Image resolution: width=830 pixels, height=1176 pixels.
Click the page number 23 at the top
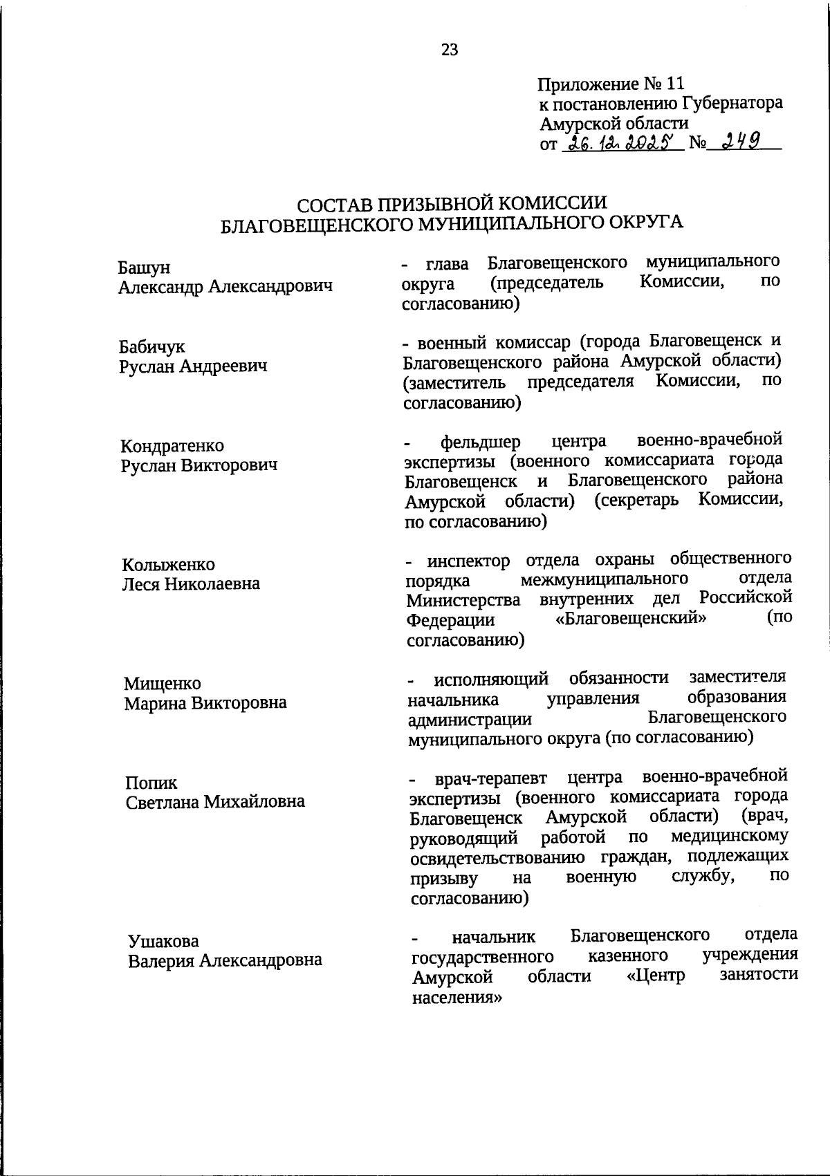[449, 49]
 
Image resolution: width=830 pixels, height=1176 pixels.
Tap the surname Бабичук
[151, 346]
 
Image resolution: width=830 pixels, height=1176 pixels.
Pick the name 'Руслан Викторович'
[199, 465]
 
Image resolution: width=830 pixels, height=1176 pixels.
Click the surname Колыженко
[168, 564]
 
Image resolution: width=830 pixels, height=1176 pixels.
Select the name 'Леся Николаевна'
[191, 584]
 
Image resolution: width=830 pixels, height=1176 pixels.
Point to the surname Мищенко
[163, 683]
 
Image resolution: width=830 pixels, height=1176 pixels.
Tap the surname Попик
[151, 783]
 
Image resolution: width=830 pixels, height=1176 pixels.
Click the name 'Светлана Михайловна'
[215, 802]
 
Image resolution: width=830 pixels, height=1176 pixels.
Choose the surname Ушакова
[163, 941]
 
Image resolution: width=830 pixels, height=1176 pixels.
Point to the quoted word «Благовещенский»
[631, 618]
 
